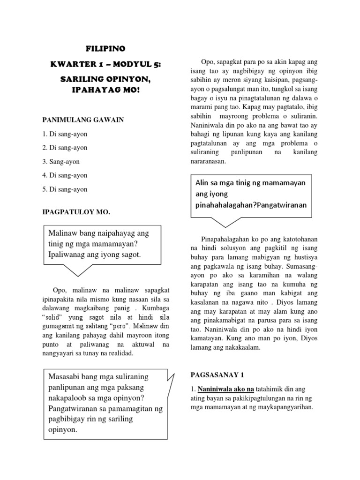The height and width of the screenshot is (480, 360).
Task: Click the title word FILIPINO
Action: (x=106, y=48)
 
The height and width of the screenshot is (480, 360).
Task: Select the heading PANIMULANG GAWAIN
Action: (x=83, y=120)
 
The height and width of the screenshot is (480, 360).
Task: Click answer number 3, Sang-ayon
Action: (x=61, y=161)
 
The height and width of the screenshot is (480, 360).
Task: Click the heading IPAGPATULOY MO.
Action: (x=76, y=212)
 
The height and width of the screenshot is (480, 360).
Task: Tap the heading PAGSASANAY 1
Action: (x=217, y=375)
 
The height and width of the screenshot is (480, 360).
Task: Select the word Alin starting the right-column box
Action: (x=202, y=182)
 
